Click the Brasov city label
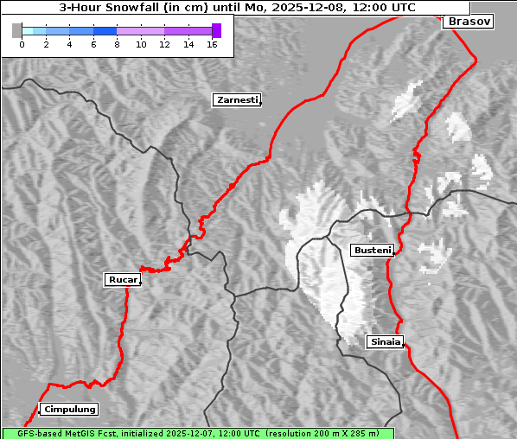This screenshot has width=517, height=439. click(469, 22)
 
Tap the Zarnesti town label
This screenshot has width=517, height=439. click(236, 100)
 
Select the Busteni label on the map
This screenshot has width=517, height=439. click(372, 250)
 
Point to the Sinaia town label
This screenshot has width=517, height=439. click(385, 341)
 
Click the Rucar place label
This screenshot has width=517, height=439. click(121, 279)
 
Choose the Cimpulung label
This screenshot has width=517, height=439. click(69, 409)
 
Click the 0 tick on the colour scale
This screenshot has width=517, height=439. click(22, 44)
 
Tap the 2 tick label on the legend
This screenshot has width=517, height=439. click(45, 44)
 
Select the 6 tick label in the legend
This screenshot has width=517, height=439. click(93, 44)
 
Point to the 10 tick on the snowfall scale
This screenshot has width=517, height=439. click(141, 44)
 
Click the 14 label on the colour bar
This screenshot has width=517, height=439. click(188, 44)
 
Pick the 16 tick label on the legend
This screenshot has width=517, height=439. click(213, 44)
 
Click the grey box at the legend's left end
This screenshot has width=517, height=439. click(17, 30)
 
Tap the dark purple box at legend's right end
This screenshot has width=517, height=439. click(216, 30)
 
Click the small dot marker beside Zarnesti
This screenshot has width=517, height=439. click(260, 105)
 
